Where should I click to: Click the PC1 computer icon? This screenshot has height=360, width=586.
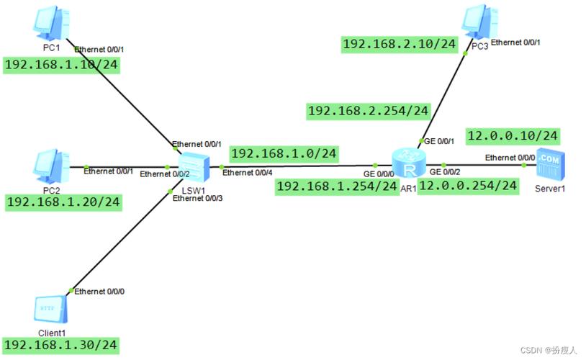point(50,24)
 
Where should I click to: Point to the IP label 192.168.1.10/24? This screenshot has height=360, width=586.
point(61,66)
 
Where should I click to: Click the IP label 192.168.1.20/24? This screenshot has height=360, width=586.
point(63,202)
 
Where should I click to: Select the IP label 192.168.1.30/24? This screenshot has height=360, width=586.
point(60,345)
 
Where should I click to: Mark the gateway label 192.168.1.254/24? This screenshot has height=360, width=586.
point(337,186)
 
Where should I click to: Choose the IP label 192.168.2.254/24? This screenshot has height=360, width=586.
point(368,111)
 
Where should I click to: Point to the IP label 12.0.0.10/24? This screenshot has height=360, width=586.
point(513,135)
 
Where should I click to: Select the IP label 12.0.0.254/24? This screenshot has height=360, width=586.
point(468,186)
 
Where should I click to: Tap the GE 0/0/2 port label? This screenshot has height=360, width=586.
point(445,172)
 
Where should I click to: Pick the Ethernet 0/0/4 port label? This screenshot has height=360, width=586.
point(248,173)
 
